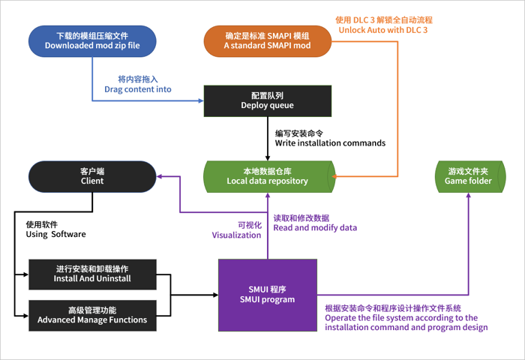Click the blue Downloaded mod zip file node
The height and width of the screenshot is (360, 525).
(x=92, y=40)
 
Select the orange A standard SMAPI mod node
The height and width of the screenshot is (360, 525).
(x=268, y=40)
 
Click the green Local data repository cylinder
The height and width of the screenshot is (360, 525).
(x=268, y=176)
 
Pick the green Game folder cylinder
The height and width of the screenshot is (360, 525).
(x=468, y=176)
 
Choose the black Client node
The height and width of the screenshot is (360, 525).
(x=92, y=176)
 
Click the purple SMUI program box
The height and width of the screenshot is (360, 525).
(x=267, y=295)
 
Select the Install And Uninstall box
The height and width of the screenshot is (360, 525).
(x=92, y=274)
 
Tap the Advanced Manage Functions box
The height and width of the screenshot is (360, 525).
(x=92, y=314)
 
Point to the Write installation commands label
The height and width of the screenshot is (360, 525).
(x=330, y=138)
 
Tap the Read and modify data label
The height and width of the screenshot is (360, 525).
(x=314, y=223)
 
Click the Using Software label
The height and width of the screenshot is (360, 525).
(x=55, y=229)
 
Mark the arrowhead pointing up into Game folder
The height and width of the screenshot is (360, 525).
(x=468, y=195)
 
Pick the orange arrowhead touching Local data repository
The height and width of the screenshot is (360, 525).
(x=335, y=176)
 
